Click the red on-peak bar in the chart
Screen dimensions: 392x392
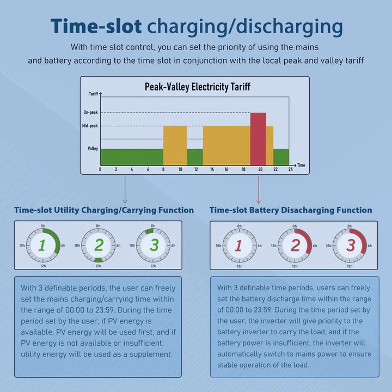(x=258, y=138)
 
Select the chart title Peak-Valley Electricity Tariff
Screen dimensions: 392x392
(x=198, y=87)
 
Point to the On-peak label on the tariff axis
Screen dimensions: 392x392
(x=90, y=113)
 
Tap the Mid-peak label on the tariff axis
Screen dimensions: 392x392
(x=90, y=126)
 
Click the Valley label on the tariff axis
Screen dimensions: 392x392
(x=93, y=148)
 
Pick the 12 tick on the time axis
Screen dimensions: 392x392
(x=195, y=170)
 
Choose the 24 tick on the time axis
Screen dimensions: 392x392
(x=291, y=170)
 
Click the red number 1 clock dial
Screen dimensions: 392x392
(x=238, y=246)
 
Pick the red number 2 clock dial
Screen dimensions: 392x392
(x=295, y=246)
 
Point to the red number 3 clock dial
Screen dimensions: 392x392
(x=351, y=246)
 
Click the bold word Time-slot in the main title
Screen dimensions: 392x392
(x=96, y=26)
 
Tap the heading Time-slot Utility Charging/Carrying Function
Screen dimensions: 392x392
(x=104, y=210)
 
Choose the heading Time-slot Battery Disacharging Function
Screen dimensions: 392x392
(x=291, y=210)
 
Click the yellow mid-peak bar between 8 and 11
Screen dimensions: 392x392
(x=175, y=145)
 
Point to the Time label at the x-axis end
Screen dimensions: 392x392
(x=301, y=165)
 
